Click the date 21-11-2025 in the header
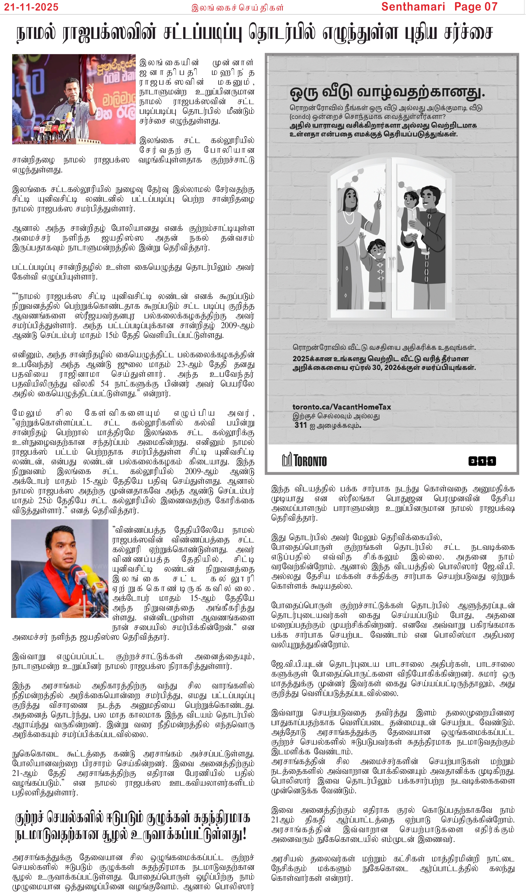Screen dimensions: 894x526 pos(31,7)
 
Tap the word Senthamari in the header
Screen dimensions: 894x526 pos(413,7)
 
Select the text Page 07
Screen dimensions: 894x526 pos(476,7)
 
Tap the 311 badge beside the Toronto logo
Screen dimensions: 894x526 pos(482,461)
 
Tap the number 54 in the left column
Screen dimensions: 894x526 pos(105,384)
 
